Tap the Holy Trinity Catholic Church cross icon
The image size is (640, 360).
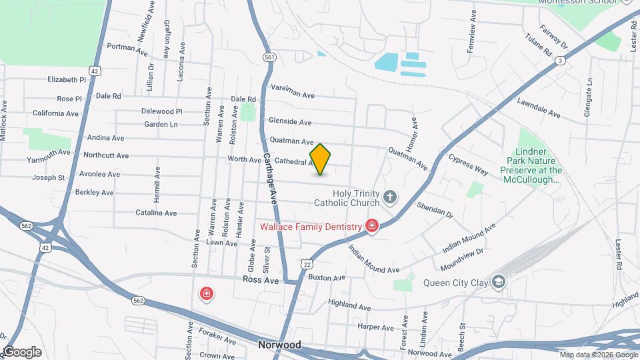390,197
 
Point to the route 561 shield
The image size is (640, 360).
269,57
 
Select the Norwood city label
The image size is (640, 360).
279,345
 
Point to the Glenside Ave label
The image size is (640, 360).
290,122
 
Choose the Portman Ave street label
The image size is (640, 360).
127,47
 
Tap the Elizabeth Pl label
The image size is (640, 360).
67,79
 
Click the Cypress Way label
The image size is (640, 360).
469,165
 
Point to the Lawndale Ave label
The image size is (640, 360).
538,109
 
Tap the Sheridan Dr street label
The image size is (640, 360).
435,210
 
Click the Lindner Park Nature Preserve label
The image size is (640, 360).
539,166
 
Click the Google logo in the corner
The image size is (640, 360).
22,352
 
